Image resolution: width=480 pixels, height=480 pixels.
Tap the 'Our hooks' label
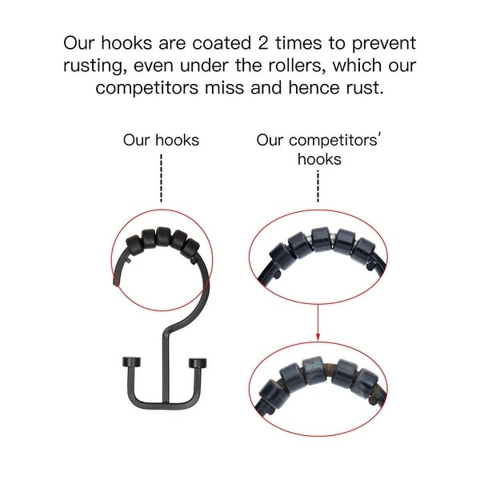coord(161,140)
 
